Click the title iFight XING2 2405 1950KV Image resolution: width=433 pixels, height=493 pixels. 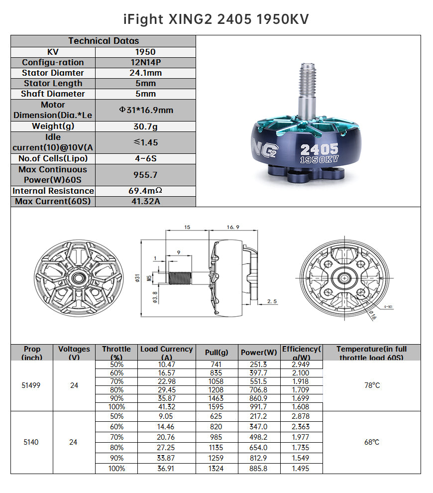point(216,19)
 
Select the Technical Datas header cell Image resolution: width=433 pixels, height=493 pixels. point(104,41)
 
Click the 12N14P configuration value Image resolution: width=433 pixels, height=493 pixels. point(145,62)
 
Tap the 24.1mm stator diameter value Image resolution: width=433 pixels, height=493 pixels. point(145,73)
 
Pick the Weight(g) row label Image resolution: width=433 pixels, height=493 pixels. point(53,126)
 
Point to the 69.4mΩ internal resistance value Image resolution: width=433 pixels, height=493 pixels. point(145,191)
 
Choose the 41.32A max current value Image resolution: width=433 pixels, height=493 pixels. point(145,201)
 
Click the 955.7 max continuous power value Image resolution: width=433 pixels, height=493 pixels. point(145,175)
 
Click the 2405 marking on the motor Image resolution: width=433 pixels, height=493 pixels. point(319,149)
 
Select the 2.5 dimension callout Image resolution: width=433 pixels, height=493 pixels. point(272,301)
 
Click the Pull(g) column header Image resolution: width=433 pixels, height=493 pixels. point(217,352)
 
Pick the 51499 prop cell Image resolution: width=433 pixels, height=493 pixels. point(32,385)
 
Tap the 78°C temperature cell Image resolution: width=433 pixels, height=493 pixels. point(371,385)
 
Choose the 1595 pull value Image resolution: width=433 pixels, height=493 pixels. point(217,406)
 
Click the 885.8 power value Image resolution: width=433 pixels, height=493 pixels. point(259,468)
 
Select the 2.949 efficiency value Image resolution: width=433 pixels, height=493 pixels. point(301,364)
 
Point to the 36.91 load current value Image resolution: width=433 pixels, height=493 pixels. point(166,468)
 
